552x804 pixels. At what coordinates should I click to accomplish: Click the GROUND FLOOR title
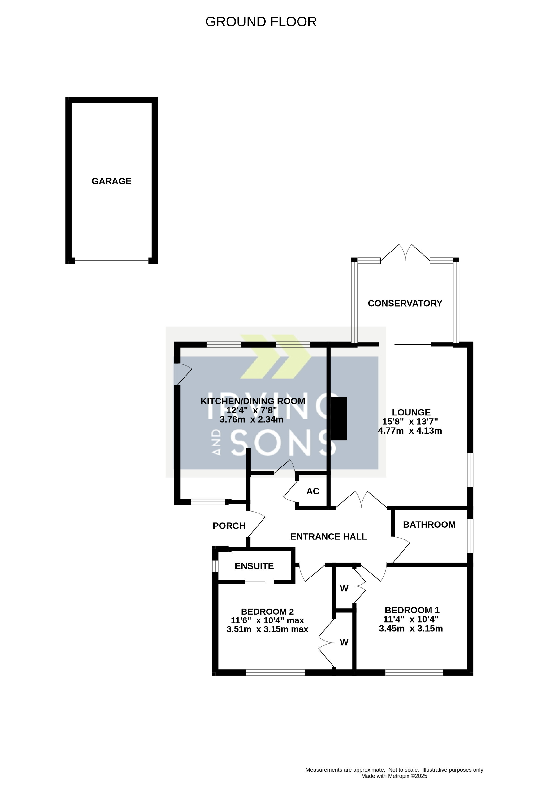coord(261,22)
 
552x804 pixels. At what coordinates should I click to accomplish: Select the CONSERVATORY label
coord(405,304)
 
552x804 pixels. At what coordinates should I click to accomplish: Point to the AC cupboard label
coord(313,491)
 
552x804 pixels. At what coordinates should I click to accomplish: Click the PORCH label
coord(229,526)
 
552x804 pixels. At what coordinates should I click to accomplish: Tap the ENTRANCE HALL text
coord(328,537)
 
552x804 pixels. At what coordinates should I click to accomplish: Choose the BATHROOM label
coord(429,525)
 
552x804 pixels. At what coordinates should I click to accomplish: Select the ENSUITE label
coord(254,566)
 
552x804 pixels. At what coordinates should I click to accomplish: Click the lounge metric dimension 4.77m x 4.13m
coord(410,431)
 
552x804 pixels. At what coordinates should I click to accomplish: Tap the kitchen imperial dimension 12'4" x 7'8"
coord(252,410)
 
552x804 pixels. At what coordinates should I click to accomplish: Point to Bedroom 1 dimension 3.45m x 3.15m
coord(411,629)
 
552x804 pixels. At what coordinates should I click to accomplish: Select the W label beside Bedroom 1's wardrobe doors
coord(344,588)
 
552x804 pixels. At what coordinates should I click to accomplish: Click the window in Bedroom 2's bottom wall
coord(275,672)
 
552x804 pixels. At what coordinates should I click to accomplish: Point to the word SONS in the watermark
coord(283,443)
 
